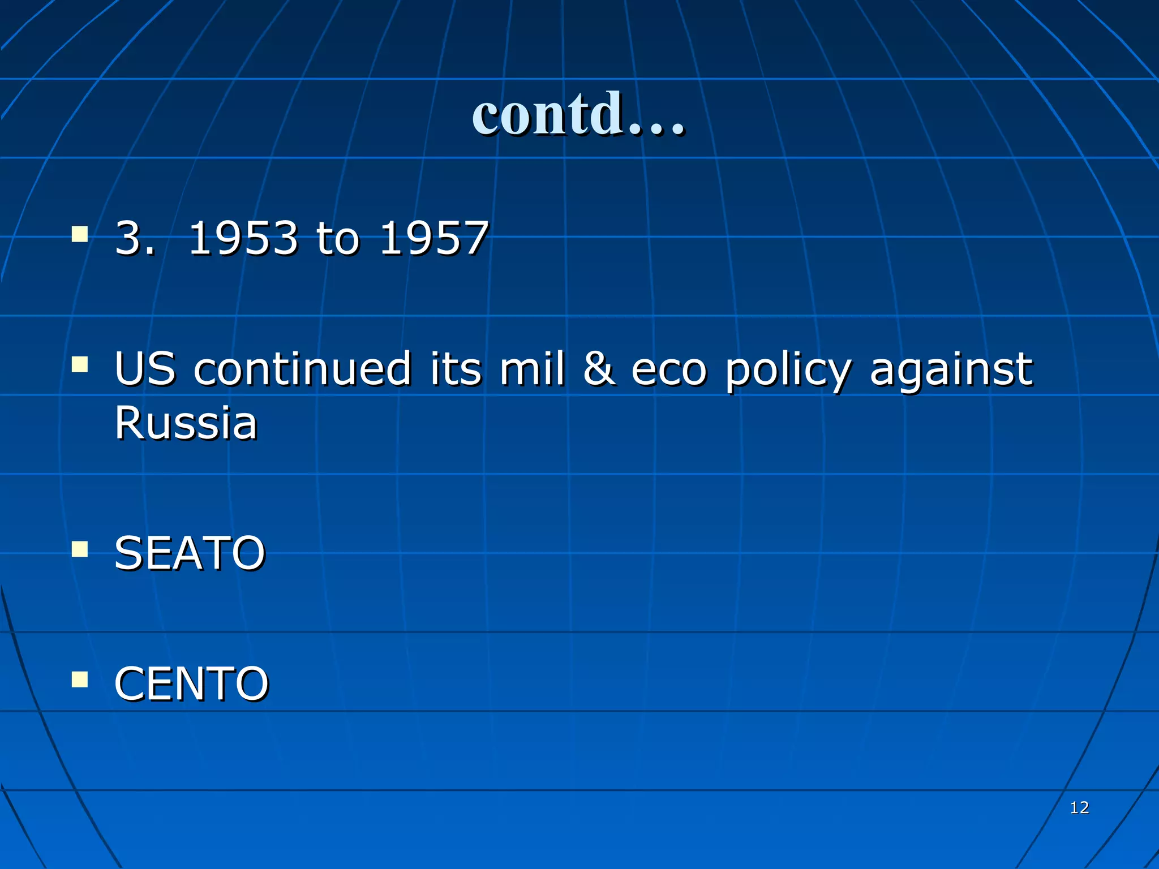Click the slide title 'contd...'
(578, 114)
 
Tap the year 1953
(243, 238)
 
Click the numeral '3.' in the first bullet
(134, 238)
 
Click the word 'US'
(145, 369)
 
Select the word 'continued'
(302, 369)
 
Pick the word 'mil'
(531, 369)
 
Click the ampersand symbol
(598, 369)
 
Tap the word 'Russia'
(186, 423)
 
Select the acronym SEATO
(190, 553)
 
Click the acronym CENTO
(191, 684)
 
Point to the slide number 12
(1079, 807)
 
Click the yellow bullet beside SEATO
(80, 549)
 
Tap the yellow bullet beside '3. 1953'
(80, 234)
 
